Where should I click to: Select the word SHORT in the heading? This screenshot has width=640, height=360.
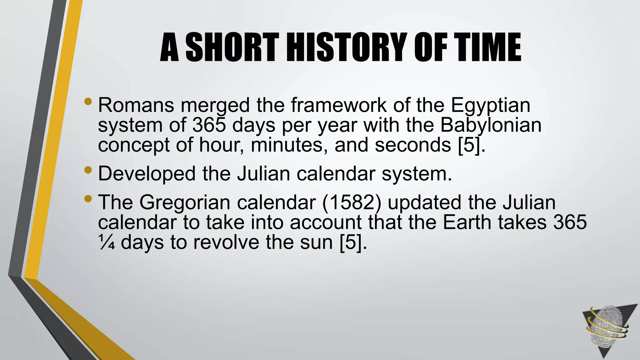click(232, 47)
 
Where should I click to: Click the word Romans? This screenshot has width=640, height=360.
click(136, 105)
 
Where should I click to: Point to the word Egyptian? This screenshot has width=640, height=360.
click(490, 106)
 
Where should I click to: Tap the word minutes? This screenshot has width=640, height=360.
click(289, 145)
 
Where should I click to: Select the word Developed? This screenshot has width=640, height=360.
click(147, 174)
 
